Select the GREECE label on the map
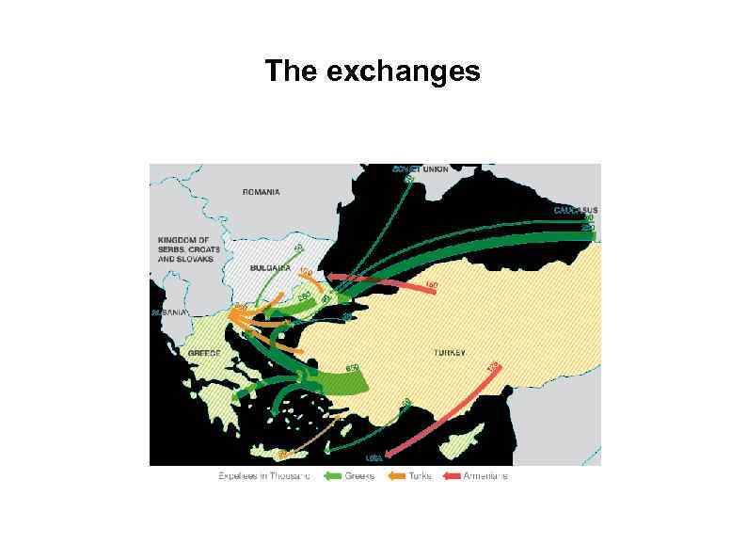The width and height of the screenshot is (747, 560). (204, 352)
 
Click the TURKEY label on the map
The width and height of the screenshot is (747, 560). (449, 352)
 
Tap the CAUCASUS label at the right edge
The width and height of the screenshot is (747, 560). (575, 209)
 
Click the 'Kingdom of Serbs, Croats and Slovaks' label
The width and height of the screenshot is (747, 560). (185, 249)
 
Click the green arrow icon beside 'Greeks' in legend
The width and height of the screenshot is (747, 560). (332, 476)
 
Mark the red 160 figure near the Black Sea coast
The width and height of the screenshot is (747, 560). (432, 284)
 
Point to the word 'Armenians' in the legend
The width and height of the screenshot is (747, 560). (485, 476)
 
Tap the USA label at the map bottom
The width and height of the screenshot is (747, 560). (373, 458)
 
